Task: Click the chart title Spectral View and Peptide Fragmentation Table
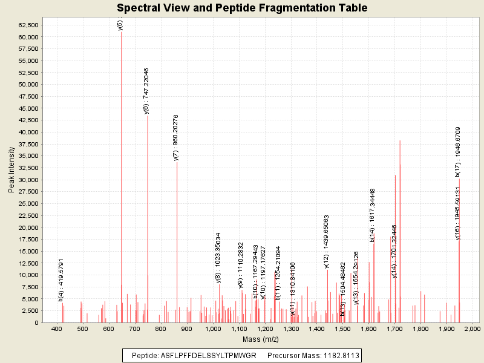[x=242, y=8]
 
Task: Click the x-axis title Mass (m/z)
[x=257, y=339]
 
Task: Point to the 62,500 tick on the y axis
[x=28, y=25]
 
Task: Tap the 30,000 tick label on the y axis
[x=28, y=180]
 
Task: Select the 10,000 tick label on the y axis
[x=28, y=275]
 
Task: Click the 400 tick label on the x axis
[x=57, y=329]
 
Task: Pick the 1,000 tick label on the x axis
[x=212, y=329]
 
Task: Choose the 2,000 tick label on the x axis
[x=472, y=329]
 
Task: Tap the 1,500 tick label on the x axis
[x=342, y=329]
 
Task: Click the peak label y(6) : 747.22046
[x=146, y=91]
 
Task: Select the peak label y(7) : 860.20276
[x=175, y=137]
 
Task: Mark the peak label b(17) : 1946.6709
[x=458, y=152]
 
